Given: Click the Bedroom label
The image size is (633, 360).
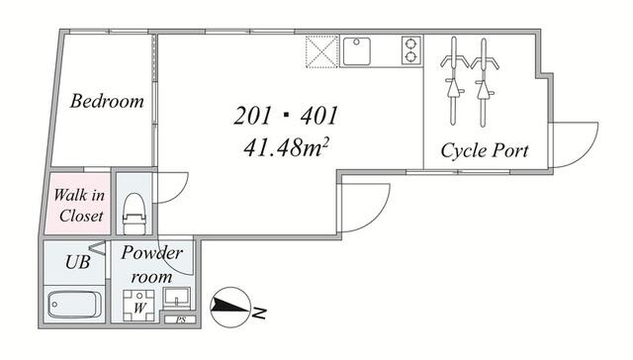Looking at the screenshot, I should click(x=107, y=101).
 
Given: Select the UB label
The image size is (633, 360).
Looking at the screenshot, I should click(x=76, y=262).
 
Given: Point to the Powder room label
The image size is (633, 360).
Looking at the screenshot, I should click(x=151, y=264).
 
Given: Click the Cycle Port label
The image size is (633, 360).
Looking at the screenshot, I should click(x=484, y=151).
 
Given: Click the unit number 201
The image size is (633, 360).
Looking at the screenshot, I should click(x=253, y=117).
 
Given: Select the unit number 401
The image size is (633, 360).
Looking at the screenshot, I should click(x=318, y=117).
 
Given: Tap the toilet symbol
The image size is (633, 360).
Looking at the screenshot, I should click(x=132, y=209).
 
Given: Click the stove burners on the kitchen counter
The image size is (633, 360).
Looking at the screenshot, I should click(x=410, y=49).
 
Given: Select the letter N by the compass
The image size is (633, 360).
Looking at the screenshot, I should click(x=259, y=314).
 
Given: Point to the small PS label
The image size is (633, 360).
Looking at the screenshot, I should click(x=180, y=320).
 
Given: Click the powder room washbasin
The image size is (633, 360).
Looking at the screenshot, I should click(x=179, y=300).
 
